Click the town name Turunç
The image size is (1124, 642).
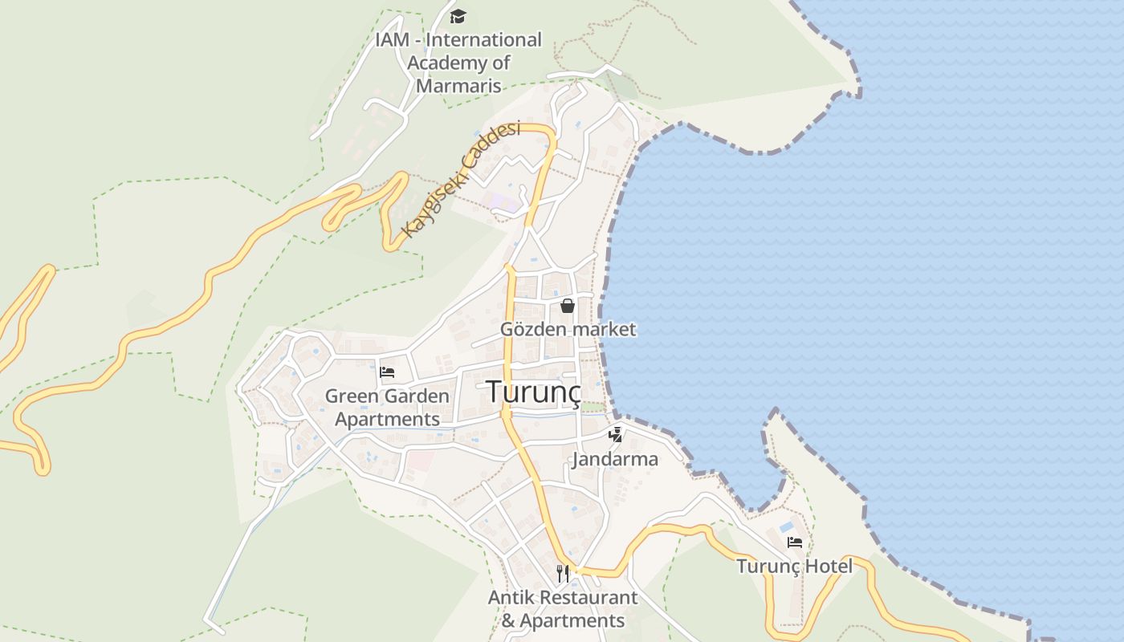pos(533,392)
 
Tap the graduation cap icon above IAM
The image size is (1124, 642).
pos(458,16)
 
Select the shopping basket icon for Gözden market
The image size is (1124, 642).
pos(568,306)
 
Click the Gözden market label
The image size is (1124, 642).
pos(568,329)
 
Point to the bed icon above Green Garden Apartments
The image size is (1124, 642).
pos(387,372)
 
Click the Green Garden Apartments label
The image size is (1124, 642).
pos(387,407)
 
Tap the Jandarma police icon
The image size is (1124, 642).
pos(615,435)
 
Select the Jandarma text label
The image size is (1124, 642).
pos(615,459)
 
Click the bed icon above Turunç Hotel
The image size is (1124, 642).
pos(795,542)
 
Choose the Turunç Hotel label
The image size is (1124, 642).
pos(795,567)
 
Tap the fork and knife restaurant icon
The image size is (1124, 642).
pos(563,573)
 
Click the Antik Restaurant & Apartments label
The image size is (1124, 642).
pos(563,609)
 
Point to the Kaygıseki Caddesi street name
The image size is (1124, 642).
pos(461,180)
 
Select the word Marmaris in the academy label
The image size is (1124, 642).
pos(458,86)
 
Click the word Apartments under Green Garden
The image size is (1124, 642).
pos(387,419)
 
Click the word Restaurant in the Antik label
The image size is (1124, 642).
pos(588,598)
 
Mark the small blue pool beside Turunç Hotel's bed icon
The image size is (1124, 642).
pos(786,527)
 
